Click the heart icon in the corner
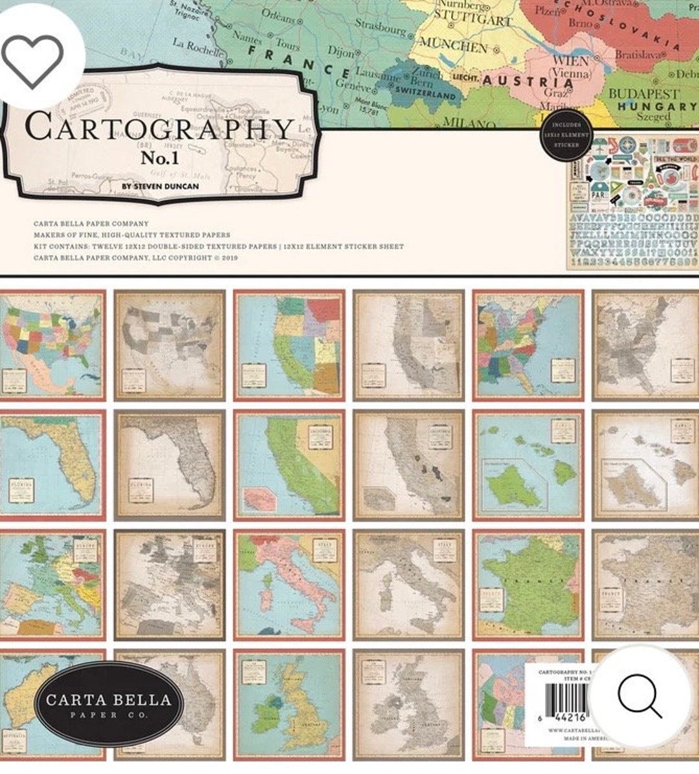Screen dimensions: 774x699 (x=32, y=60)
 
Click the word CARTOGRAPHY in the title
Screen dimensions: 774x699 (x=159, y=128)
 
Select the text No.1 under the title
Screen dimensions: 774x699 (x=159, y=157)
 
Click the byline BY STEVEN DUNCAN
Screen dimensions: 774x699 (x=160, y=187)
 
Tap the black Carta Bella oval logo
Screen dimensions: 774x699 (x=109, y=704)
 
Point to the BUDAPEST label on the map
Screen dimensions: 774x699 (x=643, y=94)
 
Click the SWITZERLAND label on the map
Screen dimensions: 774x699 (x=425, y=93)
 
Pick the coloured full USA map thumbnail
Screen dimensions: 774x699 (x=52, y=345)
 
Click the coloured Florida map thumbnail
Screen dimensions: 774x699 (x=52, y=464)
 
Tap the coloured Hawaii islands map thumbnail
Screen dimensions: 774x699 (x=527, y=464)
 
